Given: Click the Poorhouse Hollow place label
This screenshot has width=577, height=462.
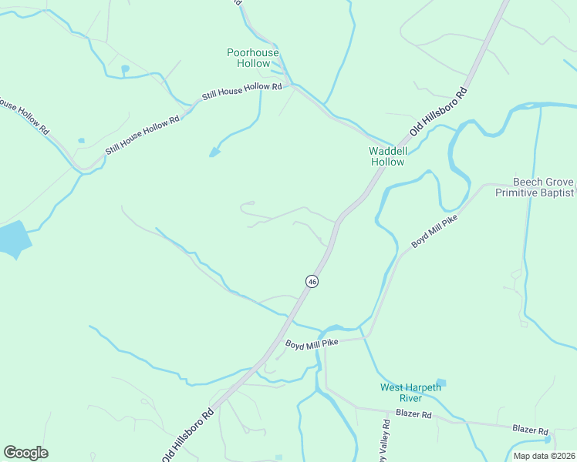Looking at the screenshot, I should (x=252, y=58).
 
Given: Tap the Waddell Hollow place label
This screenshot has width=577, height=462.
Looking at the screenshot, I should (x=386, y=156).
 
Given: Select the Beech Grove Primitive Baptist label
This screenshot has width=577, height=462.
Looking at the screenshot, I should (x=534, y=187).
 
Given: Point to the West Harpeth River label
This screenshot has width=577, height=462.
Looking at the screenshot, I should (x=410, y=393).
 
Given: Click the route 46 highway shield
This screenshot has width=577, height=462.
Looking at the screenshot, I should (x=312, y=282).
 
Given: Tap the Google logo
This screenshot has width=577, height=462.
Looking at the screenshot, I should (x=25, y=453).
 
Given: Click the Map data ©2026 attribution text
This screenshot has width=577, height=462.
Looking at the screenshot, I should (x=544, y=456).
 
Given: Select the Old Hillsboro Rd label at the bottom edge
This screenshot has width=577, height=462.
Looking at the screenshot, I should (x=187, y=436).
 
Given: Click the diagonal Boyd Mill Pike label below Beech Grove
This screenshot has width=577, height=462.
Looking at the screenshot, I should (x=434, y=231).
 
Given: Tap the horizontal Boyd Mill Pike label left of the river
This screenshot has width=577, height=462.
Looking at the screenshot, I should (x=312, y=343).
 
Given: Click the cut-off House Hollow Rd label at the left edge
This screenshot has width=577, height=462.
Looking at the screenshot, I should (x=25, y=116).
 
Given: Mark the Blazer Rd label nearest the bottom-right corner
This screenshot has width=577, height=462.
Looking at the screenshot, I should (x=530, y=429).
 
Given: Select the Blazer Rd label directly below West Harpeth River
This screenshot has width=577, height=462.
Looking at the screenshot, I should (x=413, y=413).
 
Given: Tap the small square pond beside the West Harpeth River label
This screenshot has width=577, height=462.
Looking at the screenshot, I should (x=440, y=383).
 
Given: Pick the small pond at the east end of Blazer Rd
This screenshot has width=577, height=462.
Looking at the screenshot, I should (x=548, y=440).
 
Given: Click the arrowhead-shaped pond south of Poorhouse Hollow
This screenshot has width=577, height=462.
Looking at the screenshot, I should (x=214, y=152).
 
